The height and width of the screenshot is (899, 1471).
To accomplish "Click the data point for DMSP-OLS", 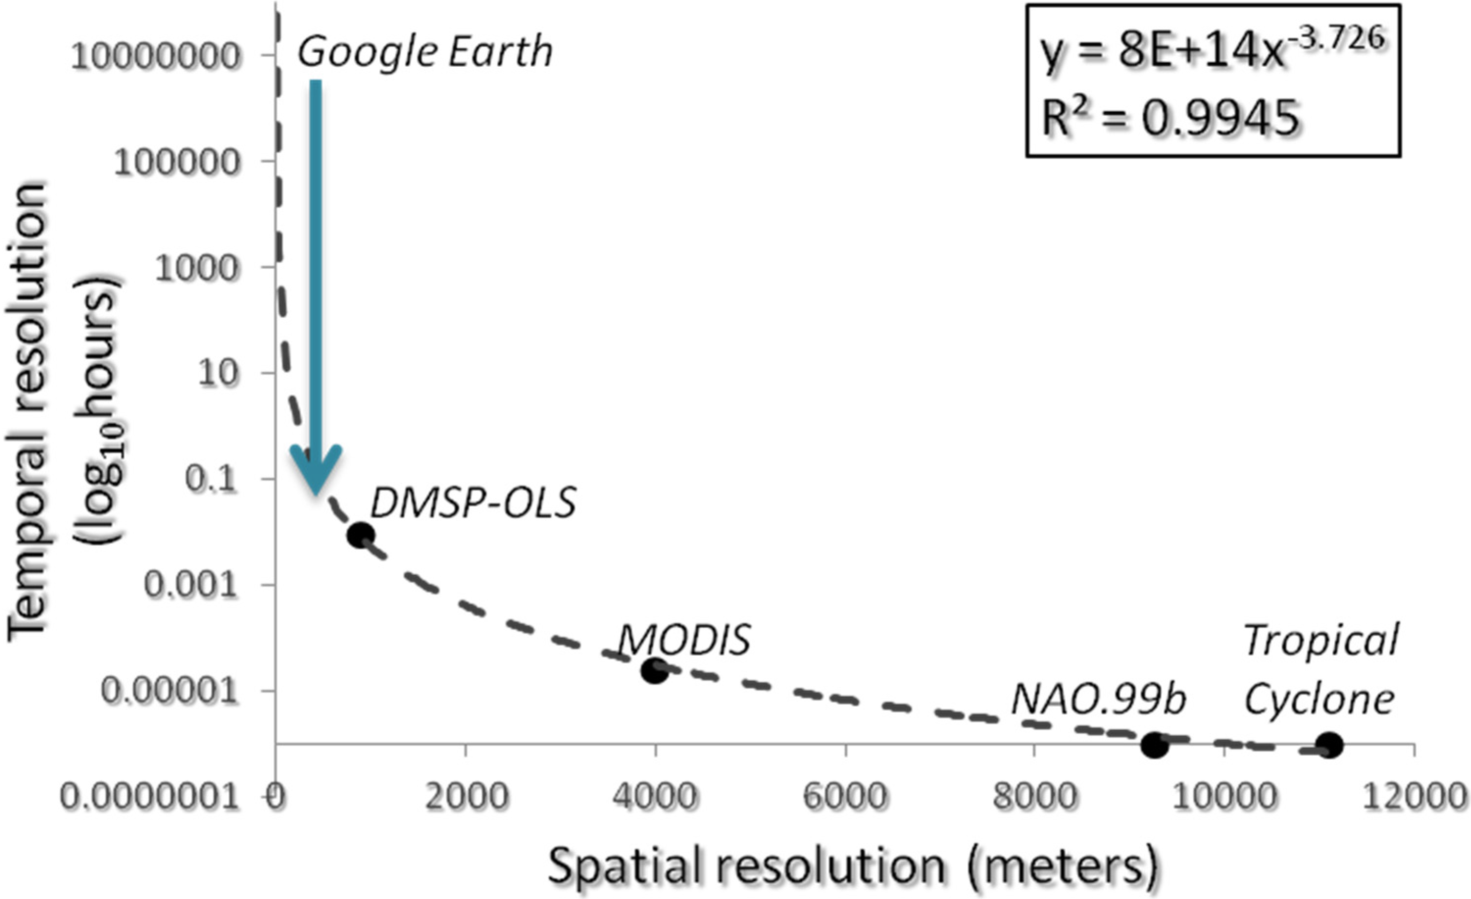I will click(361, 535).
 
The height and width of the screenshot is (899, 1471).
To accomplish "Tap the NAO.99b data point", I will click(1154, 745).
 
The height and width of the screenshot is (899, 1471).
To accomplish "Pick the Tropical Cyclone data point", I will click(1329, 745).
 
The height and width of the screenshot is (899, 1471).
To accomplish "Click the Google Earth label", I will click(425, 52).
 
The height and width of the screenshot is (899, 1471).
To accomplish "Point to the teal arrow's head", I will click(316, 472).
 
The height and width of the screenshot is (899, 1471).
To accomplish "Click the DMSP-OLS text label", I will click(473, 503).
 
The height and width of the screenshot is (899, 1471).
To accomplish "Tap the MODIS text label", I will click(684, 641).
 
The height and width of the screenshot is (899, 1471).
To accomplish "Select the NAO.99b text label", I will click(1097, 700).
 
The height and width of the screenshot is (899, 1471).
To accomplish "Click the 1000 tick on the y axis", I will click(196, 268).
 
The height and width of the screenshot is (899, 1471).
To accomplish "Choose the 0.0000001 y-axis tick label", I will click(151, 797).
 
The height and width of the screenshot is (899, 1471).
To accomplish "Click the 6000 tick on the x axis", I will click(845, 797).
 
